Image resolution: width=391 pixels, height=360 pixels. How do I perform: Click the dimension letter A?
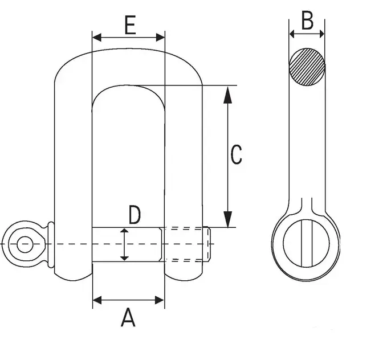pyautogui.click(x=128, y=317)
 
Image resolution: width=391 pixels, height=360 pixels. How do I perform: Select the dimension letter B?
pyautogui.click(x=307, y=20)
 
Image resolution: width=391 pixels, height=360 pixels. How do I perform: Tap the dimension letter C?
pyautogui.click(x=236, y=154)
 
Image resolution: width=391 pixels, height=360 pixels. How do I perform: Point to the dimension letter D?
pyautogui.click(x=135, y=215)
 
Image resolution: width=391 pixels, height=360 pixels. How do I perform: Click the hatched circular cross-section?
pyautogui.click(x=307, y=67)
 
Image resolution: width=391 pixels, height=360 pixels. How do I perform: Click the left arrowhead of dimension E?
pyautogui.click(x=97, y=38)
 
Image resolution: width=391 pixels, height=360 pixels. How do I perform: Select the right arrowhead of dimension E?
pyautogui.click(x=160, y=38)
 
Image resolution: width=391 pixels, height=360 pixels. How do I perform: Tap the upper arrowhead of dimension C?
pyautogui.click(x=227, y=95)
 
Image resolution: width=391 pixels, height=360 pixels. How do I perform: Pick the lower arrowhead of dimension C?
pyautogui.click(x=227, y=219)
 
